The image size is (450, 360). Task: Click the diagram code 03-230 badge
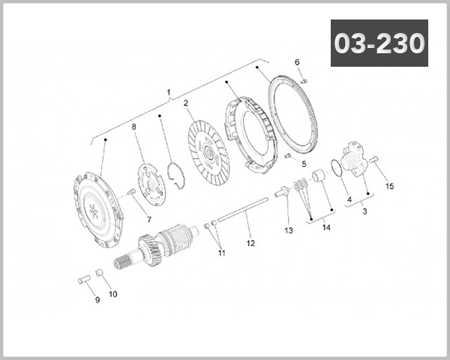pos(379,43)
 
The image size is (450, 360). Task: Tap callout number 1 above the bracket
pos(168,93)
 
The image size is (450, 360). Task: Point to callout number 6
pos(297,62)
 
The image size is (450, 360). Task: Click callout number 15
pos(389,186)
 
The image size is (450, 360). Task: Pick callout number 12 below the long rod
pos(251,243)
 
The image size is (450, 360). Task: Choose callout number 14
pos(325,226)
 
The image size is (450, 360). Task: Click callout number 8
pos(135,127)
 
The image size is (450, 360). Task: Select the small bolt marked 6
pos(304,79)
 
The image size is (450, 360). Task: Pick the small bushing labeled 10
pos(101,272)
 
